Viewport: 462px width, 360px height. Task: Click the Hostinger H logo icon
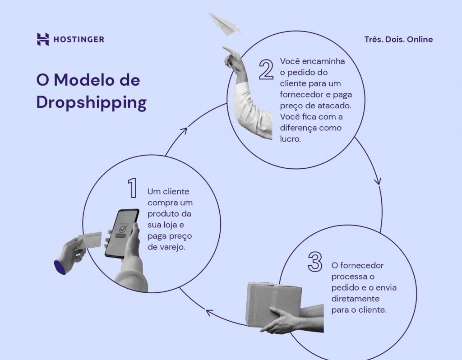click(43, 39)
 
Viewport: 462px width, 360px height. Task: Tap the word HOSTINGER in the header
click(79, 40)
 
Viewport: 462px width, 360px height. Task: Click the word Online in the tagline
click(420, 40)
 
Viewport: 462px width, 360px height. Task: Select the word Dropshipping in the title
click(91, 102)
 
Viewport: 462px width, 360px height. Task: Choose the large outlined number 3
click(315, 261)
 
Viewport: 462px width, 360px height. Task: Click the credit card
click(90, 240)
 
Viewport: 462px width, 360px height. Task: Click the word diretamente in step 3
click(355, 299)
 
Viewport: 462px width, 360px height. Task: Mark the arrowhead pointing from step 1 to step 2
click(183, 131)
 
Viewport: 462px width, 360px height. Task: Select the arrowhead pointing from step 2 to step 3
click(378, 181)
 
